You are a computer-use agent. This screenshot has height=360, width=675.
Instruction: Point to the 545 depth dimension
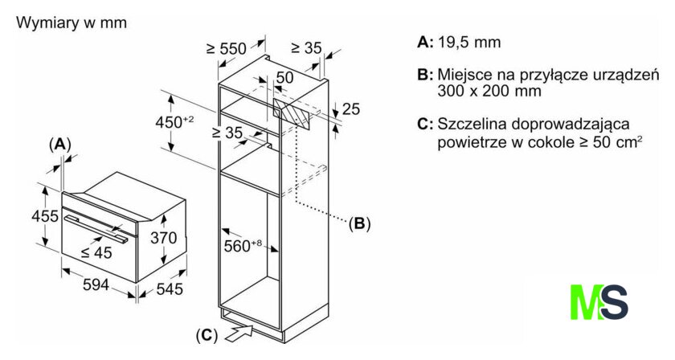coord(169,288)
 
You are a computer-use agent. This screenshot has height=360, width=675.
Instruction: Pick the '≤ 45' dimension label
coord(96,252)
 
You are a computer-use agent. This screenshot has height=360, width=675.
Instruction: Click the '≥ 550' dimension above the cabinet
coord(225,49)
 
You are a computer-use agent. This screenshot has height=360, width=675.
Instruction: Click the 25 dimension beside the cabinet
coord(351,108)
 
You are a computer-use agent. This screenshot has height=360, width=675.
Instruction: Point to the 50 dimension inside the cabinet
coord(284,77)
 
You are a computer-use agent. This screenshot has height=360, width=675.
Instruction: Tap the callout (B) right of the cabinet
coord(359,223)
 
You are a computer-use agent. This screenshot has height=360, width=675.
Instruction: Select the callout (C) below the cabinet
coord(207,333)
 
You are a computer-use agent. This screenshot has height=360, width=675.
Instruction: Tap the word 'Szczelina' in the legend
coord(471,125)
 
